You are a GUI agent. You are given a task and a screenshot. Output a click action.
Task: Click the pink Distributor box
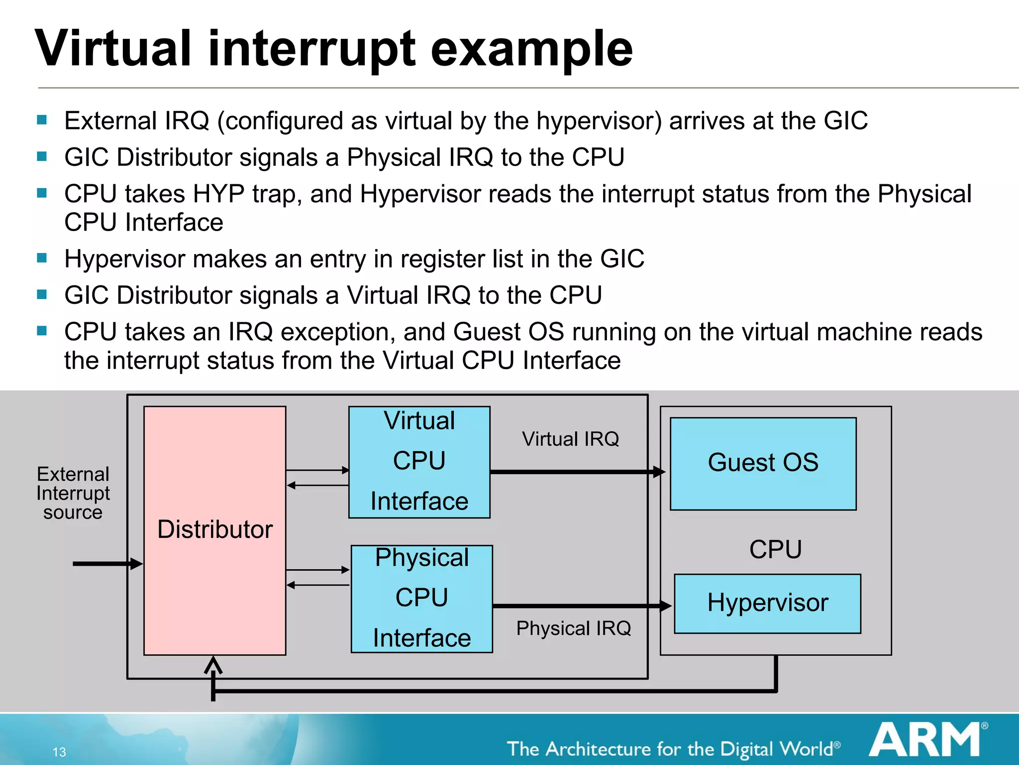point(214,530)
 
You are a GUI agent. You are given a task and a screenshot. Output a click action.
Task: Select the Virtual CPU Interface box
point(419,462)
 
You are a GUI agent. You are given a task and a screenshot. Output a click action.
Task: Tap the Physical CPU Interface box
point(421,598)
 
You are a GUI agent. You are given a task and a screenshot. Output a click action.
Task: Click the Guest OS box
point(763,463)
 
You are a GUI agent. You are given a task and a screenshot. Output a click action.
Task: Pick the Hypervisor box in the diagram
point(767,603)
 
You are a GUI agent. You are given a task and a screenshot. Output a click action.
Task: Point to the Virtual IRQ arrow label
point(570,439)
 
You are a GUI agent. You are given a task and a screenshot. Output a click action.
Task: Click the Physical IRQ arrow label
point(573,629)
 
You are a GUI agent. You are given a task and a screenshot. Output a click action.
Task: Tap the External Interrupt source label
point(73,493)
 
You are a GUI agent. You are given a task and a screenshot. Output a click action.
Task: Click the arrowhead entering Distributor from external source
point(136,564)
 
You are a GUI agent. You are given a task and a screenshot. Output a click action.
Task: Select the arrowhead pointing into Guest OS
point(659,472)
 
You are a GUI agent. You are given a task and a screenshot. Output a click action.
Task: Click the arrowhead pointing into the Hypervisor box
point(666,606)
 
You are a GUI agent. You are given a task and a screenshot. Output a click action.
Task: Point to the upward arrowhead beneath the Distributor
point(213,664)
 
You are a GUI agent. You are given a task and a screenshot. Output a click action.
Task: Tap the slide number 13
point(59,752)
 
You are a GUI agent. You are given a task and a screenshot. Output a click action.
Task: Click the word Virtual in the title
point(113,49)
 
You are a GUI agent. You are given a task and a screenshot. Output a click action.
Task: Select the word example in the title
point(531,49)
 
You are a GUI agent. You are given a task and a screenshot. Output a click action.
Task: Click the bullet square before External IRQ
point(42,120)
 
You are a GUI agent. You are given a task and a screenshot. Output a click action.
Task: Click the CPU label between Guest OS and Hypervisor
point(775,549)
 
